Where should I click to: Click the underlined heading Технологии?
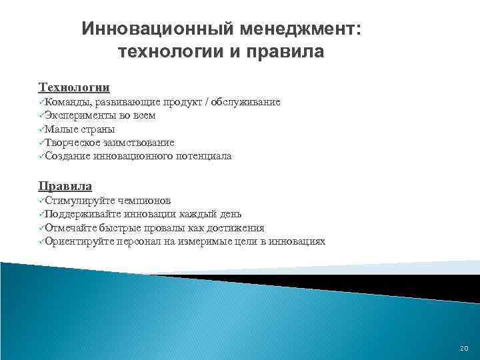coord(74,87)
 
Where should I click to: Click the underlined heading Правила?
coord(65,186)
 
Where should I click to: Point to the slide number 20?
coord(464,348)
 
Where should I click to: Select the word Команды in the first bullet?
coord(69,102)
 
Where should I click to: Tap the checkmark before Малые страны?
coord(41,129)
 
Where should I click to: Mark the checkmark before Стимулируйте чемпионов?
coord(41,201)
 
